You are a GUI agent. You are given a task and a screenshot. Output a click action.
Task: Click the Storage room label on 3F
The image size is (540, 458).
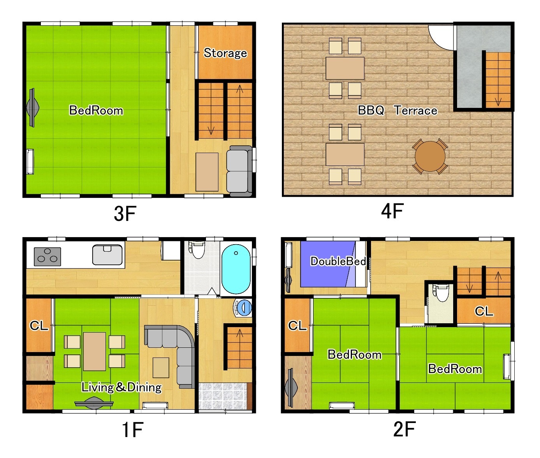click(225, 53)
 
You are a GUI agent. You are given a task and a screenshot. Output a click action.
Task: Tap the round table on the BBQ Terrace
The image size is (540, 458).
click(430, 156)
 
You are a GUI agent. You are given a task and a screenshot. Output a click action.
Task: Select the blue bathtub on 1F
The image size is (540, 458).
click(236, 269)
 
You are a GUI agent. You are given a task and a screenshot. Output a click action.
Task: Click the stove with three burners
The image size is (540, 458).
click(47, 257)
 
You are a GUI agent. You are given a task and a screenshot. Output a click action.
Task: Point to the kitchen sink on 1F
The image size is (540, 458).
click(107, 255)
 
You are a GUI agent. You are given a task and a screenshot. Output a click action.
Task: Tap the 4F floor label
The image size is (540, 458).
click(392, 211)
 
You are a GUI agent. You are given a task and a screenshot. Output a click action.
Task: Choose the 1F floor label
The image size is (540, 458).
click(132, 430)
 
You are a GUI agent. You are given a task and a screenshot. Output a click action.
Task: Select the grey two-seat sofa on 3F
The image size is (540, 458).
click(239, 171)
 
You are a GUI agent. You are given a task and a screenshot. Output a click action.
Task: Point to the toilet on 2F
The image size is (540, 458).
click(441, 293)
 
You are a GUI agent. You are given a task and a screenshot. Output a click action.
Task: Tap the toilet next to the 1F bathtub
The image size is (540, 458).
click(198, 250)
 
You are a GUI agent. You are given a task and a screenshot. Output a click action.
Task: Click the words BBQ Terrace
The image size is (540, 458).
click(397, 111)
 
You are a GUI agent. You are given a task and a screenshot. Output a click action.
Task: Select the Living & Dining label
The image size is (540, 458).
click(121, 387)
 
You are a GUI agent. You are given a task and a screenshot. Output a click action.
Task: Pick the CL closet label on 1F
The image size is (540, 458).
click(39, 325)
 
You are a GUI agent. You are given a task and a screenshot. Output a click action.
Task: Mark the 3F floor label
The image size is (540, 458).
click(125, 213)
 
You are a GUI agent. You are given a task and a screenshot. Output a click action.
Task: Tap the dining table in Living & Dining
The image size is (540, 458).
click(95, 351)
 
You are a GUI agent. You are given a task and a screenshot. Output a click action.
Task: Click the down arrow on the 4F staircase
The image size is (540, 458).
click(498, 101)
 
